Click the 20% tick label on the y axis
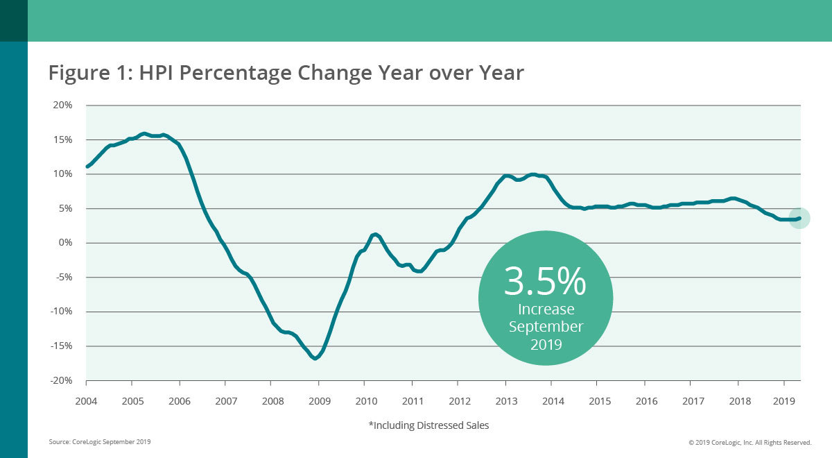[63, 105]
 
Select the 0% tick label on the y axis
[65, 243]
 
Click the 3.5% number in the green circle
[545, 281]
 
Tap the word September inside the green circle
[546, 326]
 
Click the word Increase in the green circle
[546, 309]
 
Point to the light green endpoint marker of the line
[799, 218]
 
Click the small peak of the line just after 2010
[374, 235]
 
